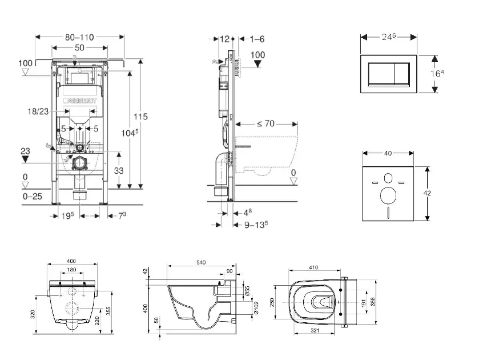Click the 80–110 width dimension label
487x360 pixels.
pyautogui.click(x=79, y=37)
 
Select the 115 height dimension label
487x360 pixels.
pyautogui.click(x=140, y=117)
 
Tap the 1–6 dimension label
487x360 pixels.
pyautogui.click(x=257, y=39)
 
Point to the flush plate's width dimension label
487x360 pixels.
pyautogui.click(x=389, y=36)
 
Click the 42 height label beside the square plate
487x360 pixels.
pyautogui.click(x=427, y=193)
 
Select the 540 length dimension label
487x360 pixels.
pyautogui.click(x=200, y=262)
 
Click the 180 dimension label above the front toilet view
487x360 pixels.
pyautogui.click(x=72, y=270)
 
